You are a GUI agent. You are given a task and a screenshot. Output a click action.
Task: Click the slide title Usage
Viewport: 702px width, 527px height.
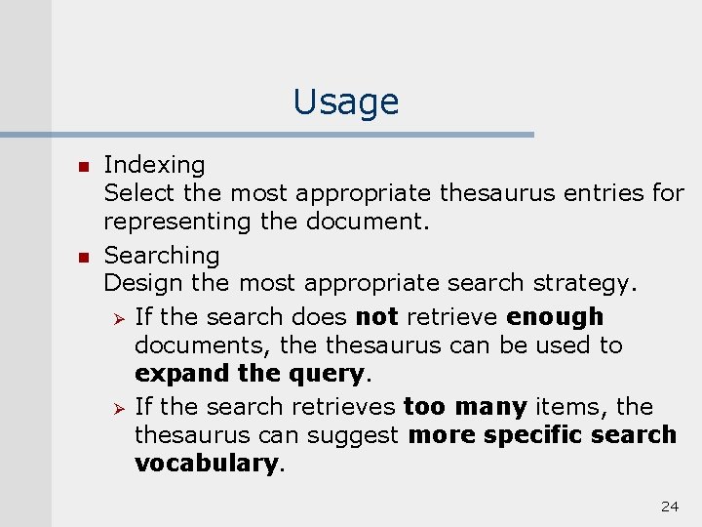pyautogui.click(x=345, y=101)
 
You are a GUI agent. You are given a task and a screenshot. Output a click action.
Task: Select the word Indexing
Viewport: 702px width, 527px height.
pyautogui.click(x=154, y=166)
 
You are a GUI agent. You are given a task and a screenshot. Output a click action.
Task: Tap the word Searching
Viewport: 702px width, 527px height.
pyautogui.click(x=162, y=256)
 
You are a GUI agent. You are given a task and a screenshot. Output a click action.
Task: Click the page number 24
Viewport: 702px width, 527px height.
pyautogui.click(x=669, y=506)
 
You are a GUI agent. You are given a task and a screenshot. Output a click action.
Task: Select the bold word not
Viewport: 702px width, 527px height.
pyautogui.click(x=377, y=316)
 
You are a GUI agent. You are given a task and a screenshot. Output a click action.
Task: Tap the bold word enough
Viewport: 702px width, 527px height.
pyautogui.click(x=555, y=316)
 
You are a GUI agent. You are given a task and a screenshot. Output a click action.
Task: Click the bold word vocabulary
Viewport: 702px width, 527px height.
pyautogui.click(x=207, y=463)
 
